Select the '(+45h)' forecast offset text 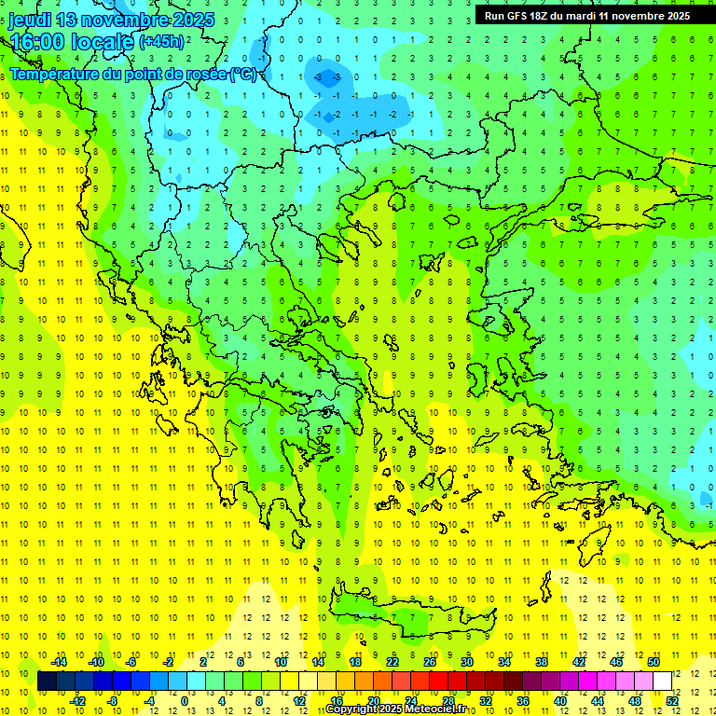[x=162, y=42]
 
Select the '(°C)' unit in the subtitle [x=244, y=74]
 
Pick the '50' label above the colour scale [x=653, y=662]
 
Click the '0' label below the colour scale [x=185, y=700]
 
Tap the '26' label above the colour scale [x=430, y=662]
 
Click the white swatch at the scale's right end [x=662, y=682]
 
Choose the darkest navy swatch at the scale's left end [x=48, y=682]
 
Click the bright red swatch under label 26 [x=438, y=682]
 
